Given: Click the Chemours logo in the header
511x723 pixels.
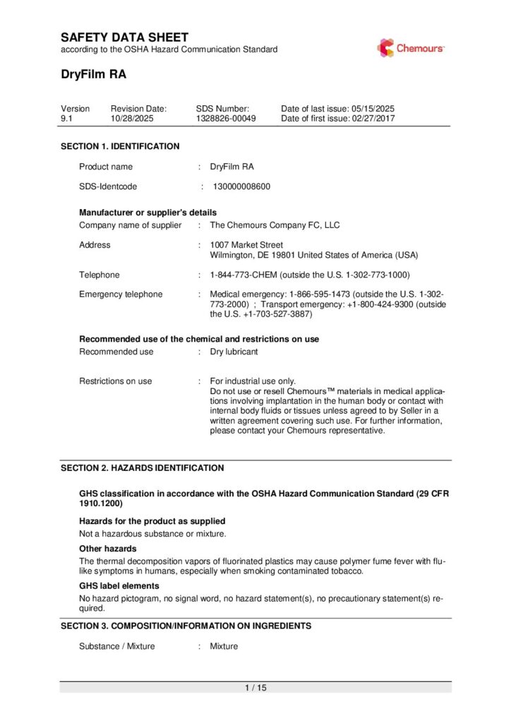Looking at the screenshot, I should (x=410, y=48).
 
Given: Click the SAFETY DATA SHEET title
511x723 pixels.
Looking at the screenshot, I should (x=124, y=37).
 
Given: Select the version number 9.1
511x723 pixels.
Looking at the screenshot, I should (x=66, y=119).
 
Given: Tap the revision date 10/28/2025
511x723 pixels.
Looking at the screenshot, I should (x=132, y=119).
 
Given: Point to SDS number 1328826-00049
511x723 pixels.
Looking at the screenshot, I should (x=226, y=119).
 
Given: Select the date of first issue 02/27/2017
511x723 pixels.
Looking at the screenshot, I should (x=373, y=119).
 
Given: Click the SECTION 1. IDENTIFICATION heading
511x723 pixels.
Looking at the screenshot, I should (x=120, y=146).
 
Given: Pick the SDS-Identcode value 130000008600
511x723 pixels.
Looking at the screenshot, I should (x=241, y=187).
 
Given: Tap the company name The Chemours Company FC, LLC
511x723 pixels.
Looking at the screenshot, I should (x=275, y=225).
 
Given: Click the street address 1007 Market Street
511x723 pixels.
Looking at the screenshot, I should (x=246, y=245).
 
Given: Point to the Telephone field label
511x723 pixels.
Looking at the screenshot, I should (x=100, y=275).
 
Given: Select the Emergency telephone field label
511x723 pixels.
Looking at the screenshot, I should (x=121, y=294).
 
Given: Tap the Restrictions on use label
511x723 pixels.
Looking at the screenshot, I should (x=115, y=381).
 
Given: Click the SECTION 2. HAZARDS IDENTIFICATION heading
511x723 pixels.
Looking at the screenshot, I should (x=142, y=467).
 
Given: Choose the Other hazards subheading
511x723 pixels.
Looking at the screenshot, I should (x=107, y=549).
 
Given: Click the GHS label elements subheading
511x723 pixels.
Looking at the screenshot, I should (x=119, y=586).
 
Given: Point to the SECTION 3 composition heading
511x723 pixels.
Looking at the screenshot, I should (x=186, y=626).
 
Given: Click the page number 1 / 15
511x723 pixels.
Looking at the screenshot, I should (x=255, y=688).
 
